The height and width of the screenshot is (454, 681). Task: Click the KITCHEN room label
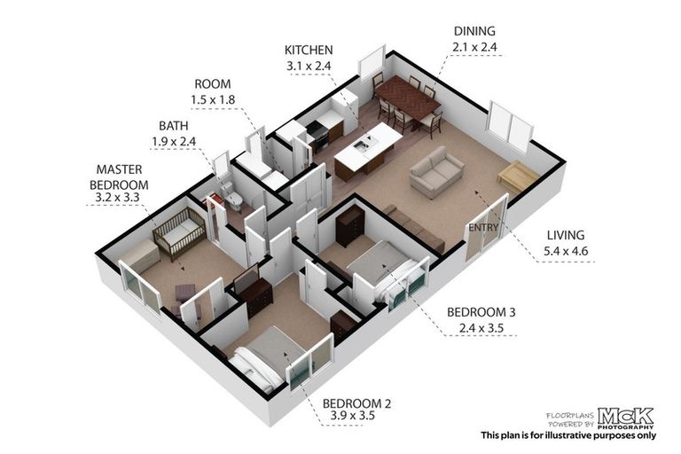308,50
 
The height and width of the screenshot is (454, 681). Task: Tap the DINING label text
475,30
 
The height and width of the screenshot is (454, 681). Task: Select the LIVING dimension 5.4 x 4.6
566,251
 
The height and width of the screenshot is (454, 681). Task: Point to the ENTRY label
483,227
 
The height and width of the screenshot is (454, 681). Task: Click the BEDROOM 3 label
481,312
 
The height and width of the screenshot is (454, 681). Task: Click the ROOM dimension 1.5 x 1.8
213,100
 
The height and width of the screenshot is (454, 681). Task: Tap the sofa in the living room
436,172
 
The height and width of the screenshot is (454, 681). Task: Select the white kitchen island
369,145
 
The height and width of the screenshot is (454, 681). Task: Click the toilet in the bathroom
233,201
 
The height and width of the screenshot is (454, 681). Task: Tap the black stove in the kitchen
317,134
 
